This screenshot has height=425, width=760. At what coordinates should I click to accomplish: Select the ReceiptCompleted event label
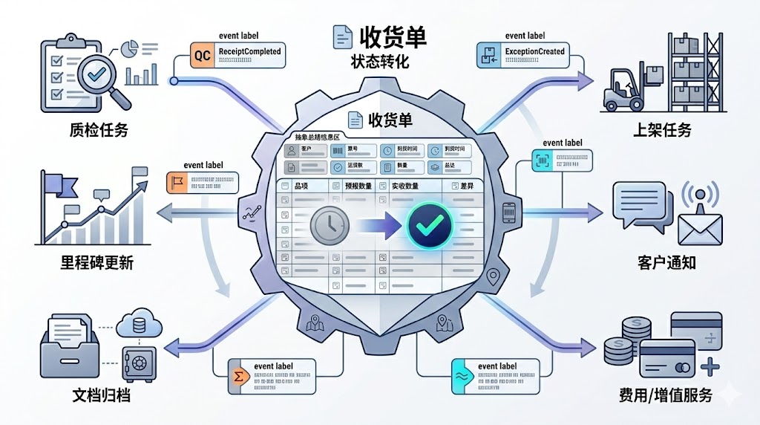click(249, 52)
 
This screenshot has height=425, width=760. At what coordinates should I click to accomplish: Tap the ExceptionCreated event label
click(534, 52)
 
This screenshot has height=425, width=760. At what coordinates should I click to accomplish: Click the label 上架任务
click(662, 130)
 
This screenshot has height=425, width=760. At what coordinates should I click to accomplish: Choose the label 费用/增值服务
click(666, 395)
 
